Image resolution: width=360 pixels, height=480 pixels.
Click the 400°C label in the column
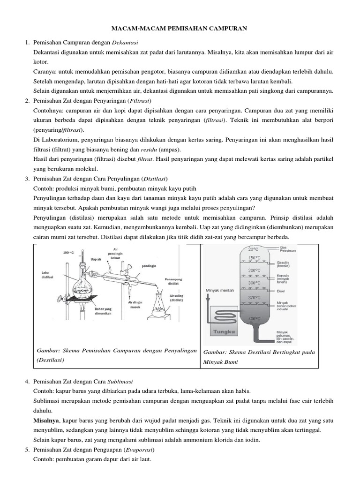click(x=255, y=318)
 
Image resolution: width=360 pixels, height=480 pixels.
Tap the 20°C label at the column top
click(x=254, y=249)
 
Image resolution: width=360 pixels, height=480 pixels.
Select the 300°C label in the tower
click(x=255, y=283)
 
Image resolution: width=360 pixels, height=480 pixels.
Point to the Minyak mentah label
click(x=220, y=290)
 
